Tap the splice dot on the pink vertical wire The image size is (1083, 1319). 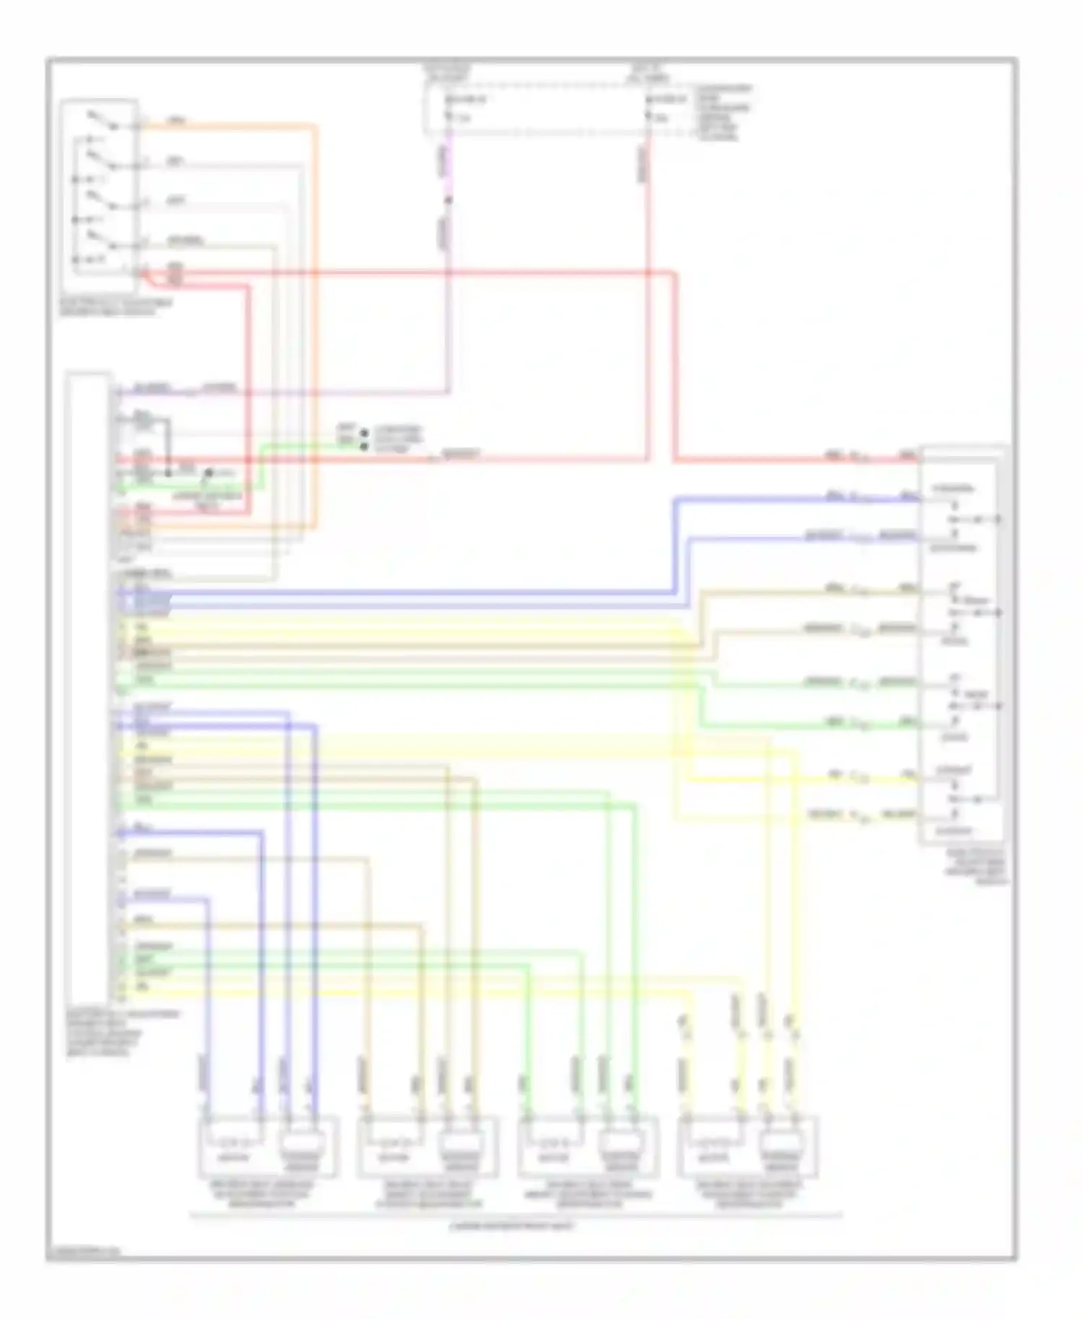coord(448,200)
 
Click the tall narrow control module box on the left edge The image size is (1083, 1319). coord(88,685)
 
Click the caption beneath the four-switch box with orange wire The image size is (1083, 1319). coord(116,307)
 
